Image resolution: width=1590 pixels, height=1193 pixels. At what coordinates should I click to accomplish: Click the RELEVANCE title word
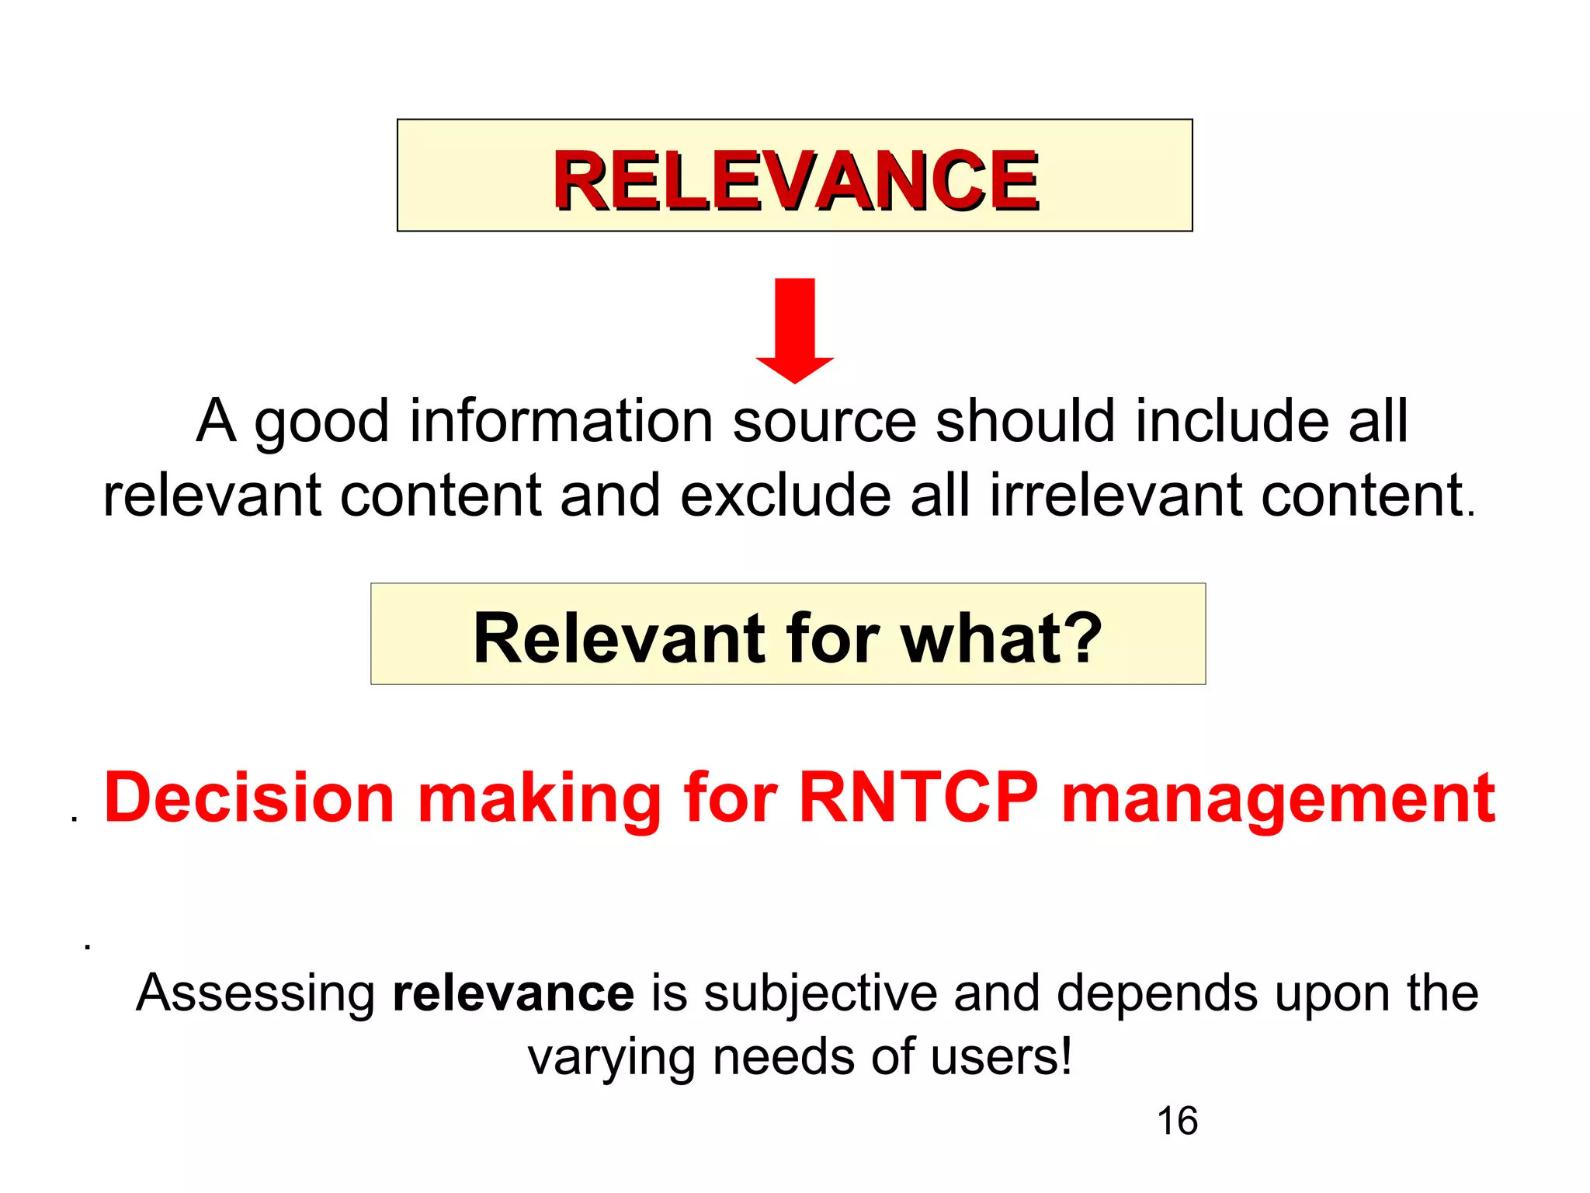pos(795,180)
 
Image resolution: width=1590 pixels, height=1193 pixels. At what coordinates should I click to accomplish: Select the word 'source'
pos(824,423)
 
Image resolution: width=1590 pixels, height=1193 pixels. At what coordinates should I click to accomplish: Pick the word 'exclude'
pos(785,495)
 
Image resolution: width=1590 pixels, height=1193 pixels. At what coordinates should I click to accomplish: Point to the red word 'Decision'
pos(249,798)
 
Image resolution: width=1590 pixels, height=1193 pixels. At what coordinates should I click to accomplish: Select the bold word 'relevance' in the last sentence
pos(513,993)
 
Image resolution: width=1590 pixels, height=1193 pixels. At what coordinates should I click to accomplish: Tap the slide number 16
pos(1177,1121)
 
